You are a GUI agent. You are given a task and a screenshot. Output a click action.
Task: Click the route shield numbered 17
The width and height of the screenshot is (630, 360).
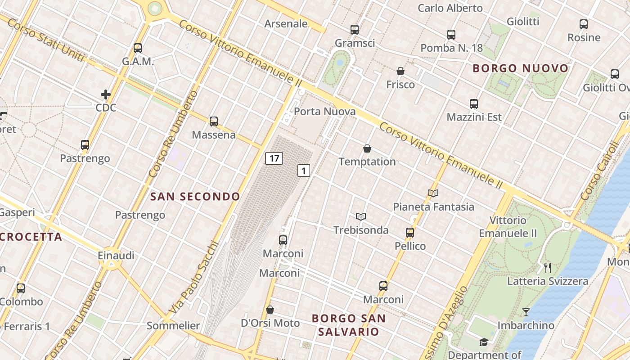click(274, 158)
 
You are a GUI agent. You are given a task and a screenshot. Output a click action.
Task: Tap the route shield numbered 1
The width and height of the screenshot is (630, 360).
click(304, 171)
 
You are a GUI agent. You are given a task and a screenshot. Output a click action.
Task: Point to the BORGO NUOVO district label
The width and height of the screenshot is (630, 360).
click(521, 68)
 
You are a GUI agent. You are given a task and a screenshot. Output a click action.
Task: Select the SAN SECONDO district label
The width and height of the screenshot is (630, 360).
click(195, 197)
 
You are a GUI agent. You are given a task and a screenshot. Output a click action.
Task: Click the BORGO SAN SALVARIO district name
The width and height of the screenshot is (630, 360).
click(349, 325)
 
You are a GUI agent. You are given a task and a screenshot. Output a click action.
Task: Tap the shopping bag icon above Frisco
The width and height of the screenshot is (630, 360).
click(400, 71)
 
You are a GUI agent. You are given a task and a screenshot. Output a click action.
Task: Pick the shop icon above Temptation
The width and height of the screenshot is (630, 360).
click(367, 148)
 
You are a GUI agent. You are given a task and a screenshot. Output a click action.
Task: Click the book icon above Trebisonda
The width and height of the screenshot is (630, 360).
click(360, 216)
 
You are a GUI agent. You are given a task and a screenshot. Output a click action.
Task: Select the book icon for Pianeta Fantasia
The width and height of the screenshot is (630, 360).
click(433, 193)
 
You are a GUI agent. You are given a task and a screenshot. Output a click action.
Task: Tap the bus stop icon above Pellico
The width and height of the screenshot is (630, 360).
click(410, 232)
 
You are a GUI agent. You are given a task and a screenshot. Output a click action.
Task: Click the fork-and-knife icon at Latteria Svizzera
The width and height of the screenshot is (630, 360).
click(548, 268)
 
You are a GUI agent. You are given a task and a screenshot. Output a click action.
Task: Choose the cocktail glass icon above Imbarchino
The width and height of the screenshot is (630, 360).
click(526, 312)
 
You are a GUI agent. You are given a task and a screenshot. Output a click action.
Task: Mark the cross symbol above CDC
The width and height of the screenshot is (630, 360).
click(106, 94)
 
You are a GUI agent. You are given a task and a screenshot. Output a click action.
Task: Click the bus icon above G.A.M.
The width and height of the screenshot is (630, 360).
click(138, 48)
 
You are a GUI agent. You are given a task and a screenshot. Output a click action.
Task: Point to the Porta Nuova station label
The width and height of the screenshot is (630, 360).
click(325, 112)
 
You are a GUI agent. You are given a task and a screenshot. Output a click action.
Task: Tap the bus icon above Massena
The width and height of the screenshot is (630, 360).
click(214, 121)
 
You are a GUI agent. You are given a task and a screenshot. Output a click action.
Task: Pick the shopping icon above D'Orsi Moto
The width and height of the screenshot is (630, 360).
click(270, 310)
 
